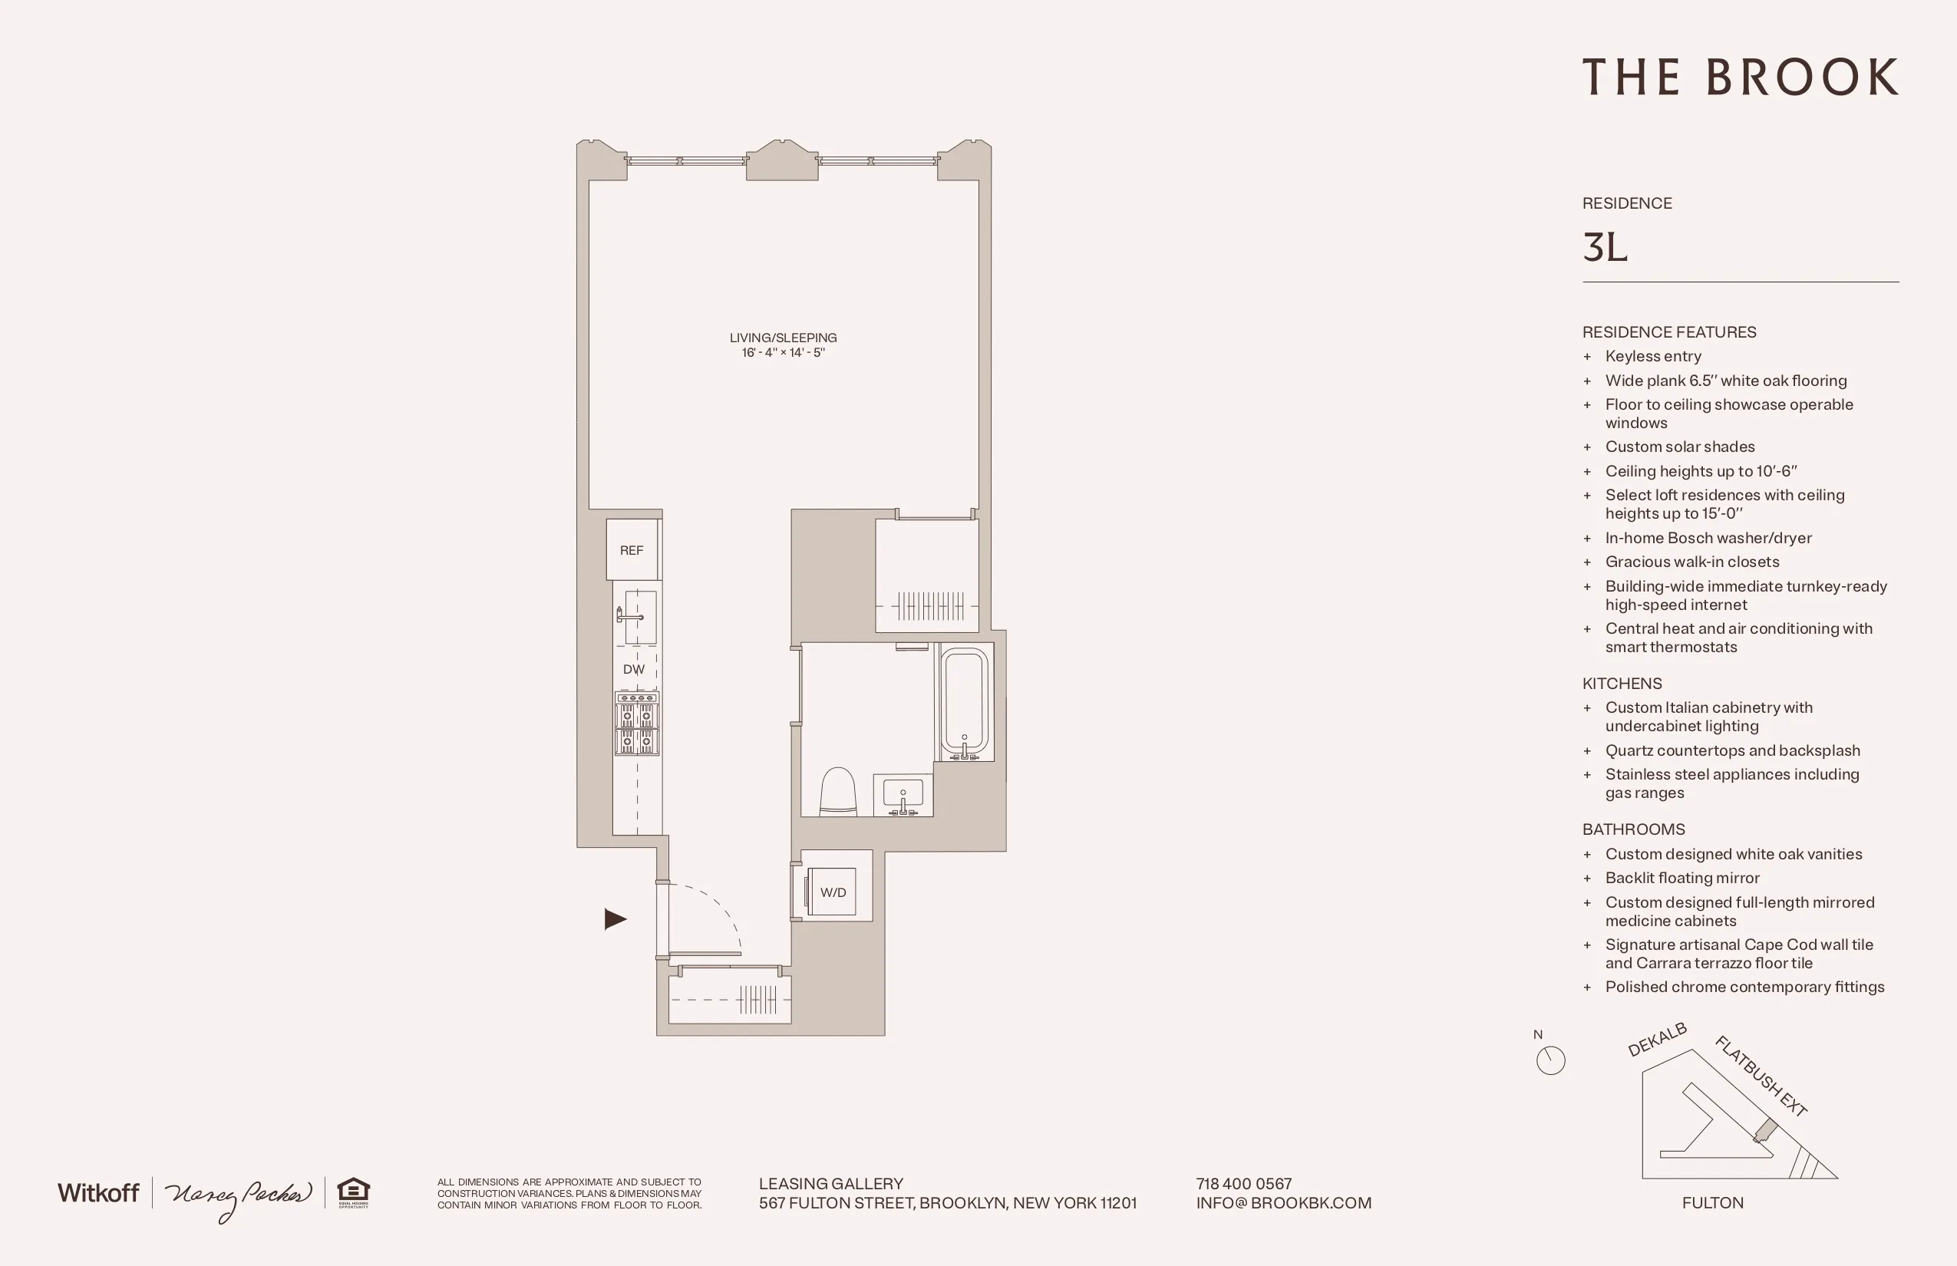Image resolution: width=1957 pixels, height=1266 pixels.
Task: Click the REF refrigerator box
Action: pyautogui.click(x=632, y=550)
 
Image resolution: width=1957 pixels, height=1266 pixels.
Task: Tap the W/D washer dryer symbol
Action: pyautogui.click(x=832, y=892)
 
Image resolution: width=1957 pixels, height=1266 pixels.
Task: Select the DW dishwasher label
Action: pyautogui.click(x=633, y=669)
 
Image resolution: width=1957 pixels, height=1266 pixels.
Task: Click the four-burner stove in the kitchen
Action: pyautogui.click(x=636, y=724)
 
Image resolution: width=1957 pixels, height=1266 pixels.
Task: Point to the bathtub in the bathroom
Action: pyautogui.click(x=965, y=702)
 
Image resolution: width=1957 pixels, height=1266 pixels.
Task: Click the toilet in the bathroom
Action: pyautogui.click(x=838, y=792)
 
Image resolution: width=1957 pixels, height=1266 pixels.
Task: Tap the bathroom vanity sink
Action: pyautogui.click(x=902, y=795)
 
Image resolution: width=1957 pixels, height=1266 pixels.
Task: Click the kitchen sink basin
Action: pyautogui.click(x=641, y=617)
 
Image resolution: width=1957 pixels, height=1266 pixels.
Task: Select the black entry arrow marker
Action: pyautogui.click(x=615, y=919)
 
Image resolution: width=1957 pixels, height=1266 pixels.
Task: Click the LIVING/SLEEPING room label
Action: pyautogui.click(x=783, y=338)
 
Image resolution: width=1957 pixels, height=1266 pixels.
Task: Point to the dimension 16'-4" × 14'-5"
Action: pyautogui.click(x=783, y=353)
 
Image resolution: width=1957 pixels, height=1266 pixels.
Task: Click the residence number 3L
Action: pyautogui.click(x=1604, y=247)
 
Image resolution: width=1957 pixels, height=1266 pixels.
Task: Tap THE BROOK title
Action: pyautogui.click(x=1740, y=78)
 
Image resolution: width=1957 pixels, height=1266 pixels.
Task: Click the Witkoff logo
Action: pyautogui.click(x=98, y=1193)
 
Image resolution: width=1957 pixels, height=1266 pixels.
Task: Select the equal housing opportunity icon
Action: pyautogui.click(x=354, y=1192)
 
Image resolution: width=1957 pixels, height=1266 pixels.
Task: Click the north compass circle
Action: pyautogui.click(x=1550, y=1060)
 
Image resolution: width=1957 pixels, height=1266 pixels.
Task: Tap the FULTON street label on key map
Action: pyautogui.click(x=1712, y=1203)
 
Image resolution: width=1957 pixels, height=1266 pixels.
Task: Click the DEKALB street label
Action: pyautogui.click(x=1657, y=1040)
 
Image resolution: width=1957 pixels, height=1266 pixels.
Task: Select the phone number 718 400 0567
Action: pyautogui.click(x=1243, y=1184)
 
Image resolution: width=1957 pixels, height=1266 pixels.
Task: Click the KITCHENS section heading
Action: pyautogui.click(x=1622, y=683)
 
